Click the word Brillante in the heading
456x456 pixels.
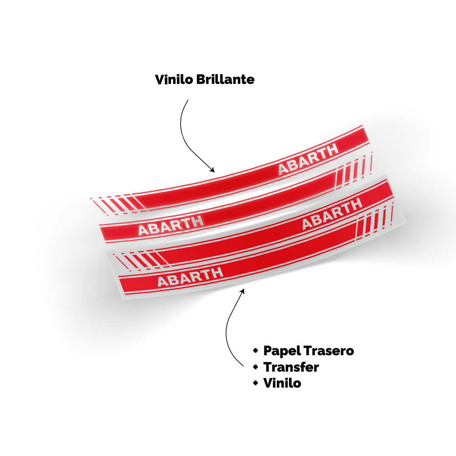coord(225,79)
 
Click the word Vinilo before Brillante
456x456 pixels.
coord(174,79)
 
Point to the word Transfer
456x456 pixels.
coord(291,367)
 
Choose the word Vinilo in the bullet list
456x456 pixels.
coord(282,383)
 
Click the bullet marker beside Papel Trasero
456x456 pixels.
coord(256,351)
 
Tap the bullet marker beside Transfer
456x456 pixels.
coord(256,367)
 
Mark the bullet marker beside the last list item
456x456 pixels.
coord(256,383)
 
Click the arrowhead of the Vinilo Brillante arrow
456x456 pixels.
coord(212,170)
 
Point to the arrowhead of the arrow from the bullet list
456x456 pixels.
coord(243,291)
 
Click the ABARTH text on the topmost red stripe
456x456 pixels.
coord(308,159)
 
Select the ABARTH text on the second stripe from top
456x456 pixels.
coord(171,226)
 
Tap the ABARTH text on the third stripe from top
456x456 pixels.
coord(332,214)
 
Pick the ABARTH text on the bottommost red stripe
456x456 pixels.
coord(191,277)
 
